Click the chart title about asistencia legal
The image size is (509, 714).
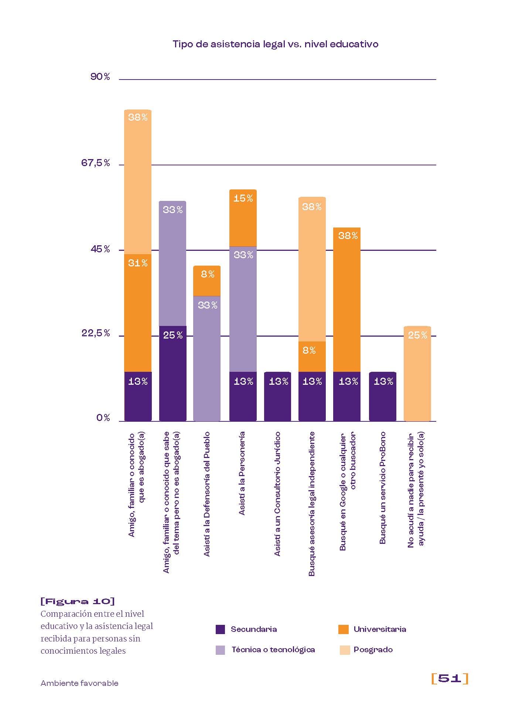[x=275, y=44]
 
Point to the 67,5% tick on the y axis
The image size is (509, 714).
[x=96, y=163]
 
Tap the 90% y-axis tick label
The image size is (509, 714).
[x=100, y=77]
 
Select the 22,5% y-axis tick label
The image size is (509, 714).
[x=96, y=333]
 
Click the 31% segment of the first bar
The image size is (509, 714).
[x=138, y=313]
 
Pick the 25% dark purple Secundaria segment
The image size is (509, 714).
[x=173, y=373]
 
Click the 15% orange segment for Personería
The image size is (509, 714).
[x=243, y=218]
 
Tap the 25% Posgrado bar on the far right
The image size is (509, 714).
[x=417, y=374]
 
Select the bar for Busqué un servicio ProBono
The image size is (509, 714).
[x=383, y=396]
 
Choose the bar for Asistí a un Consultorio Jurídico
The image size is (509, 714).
[x=278, y=396]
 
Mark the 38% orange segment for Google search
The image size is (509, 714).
[x=347, y=300]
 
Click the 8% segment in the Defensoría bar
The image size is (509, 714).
[x=207, y=281]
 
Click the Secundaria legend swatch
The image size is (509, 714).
[x=220, y=629]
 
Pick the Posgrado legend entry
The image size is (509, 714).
[x=373, y=650]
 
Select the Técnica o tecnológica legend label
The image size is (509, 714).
[x=273, y=650]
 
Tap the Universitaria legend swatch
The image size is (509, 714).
[x=344, y=629]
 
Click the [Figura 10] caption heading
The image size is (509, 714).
[x=78, y=601]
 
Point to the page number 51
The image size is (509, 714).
[x=450, y=678]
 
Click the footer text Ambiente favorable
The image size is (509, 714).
[x=79, y=683]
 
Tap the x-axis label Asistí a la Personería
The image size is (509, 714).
[x=242, y=473]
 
